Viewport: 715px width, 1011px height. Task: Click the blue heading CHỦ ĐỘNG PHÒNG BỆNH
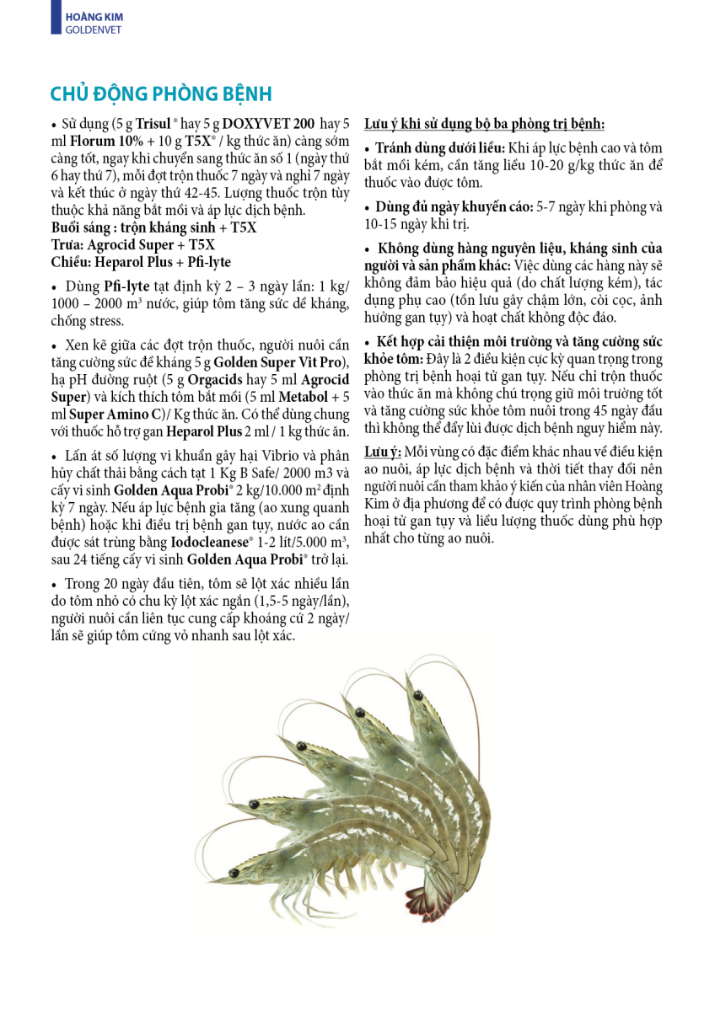click(x=160, y=94)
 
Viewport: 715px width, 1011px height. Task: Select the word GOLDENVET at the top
click(x=93, y=29)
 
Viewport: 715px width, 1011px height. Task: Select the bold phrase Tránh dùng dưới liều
click(x=439, y=148)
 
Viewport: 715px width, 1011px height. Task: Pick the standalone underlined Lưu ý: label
click(x=383, y=452)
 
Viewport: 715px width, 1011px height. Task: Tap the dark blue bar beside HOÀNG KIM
click(x=55, y=17)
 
